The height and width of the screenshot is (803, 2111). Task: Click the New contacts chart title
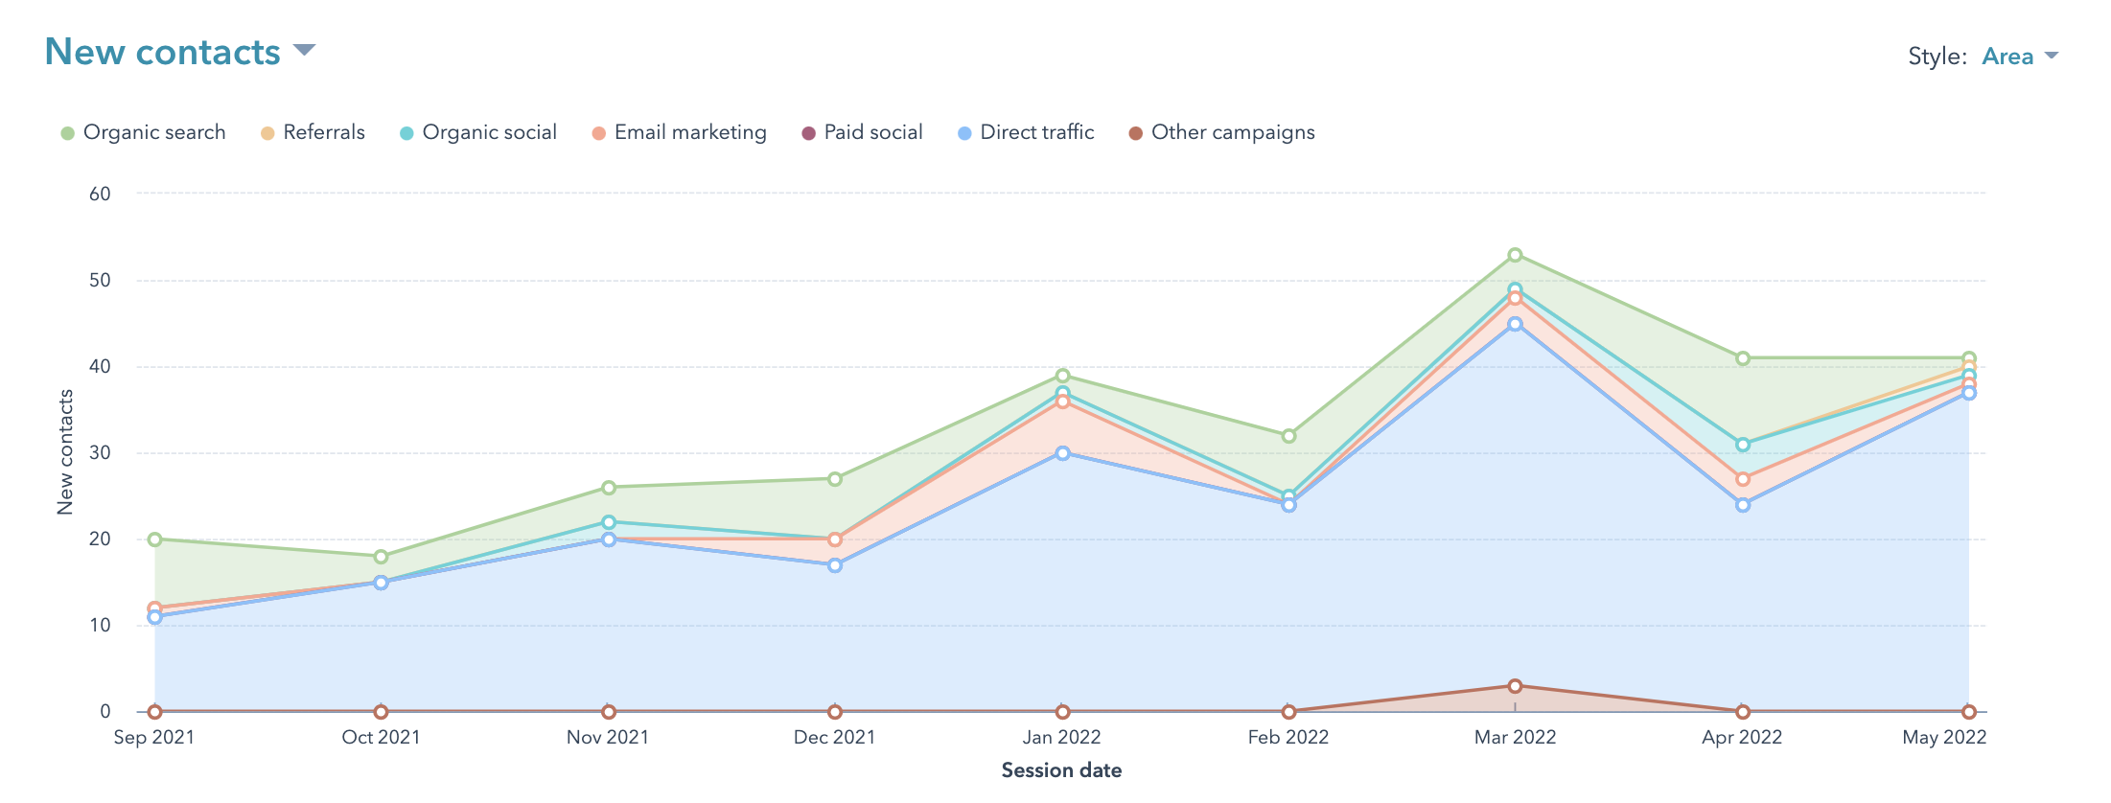[163, 53]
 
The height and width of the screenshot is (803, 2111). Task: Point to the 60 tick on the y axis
[100, 194]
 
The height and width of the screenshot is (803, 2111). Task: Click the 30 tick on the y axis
[100, 453]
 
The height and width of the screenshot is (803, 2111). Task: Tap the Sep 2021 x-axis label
[154, 737]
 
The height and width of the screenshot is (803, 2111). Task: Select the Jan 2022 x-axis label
[1061, 737]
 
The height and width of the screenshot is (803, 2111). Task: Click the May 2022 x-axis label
[1944, 737]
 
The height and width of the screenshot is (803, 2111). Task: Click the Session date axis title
[1061, 770]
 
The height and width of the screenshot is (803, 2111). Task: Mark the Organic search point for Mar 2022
[1515, 255]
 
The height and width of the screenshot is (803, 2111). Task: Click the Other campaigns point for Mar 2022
[1515, 686]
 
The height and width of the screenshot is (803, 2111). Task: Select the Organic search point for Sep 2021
[154, 539]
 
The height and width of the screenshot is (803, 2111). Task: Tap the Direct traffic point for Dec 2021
[835, 565]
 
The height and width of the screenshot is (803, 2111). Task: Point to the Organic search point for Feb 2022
[1288, 436]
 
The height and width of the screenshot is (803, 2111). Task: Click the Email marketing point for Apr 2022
[1743, 479]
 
